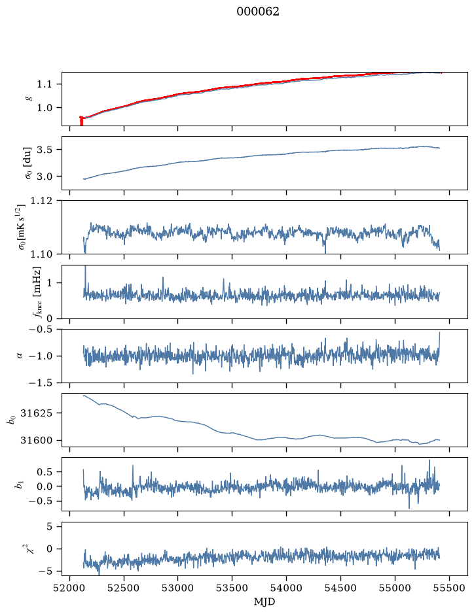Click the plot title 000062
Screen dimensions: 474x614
[257, 12]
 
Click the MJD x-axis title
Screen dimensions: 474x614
[264, 602]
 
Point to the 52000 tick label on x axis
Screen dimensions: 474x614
[70, 588]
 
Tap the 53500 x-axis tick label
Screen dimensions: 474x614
[232, 588]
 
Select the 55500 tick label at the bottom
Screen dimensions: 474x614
[449, 588]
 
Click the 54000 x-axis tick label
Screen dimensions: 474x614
[286, 588]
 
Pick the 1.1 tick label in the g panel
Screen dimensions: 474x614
[44, 84]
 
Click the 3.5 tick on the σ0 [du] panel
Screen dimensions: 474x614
[44, 150]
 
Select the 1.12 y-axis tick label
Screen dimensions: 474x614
[41, 201]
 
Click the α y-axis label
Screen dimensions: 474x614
[20, 356]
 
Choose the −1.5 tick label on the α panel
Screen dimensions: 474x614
[41, 383]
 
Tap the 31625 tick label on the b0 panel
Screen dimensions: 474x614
[35, 413]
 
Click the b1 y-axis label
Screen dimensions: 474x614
[18, 485]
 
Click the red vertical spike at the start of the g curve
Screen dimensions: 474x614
[81, 121]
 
